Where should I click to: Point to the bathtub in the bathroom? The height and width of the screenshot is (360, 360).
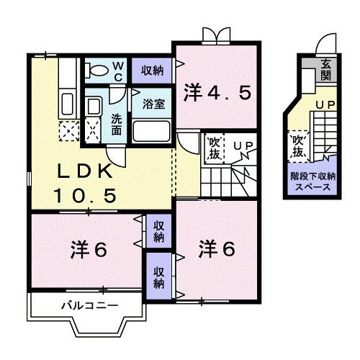click(152, 132)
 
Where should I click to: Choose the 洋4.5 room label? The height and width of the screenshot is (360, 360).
click(215, 93)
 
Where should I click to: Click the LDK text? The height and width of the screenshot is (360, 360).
click(84, 173)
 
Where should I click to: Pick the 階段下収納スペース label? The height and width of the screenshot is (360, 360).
click(311, 180)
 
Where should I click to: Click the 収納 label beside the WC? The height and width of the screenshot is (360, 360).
click(152, 69)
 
